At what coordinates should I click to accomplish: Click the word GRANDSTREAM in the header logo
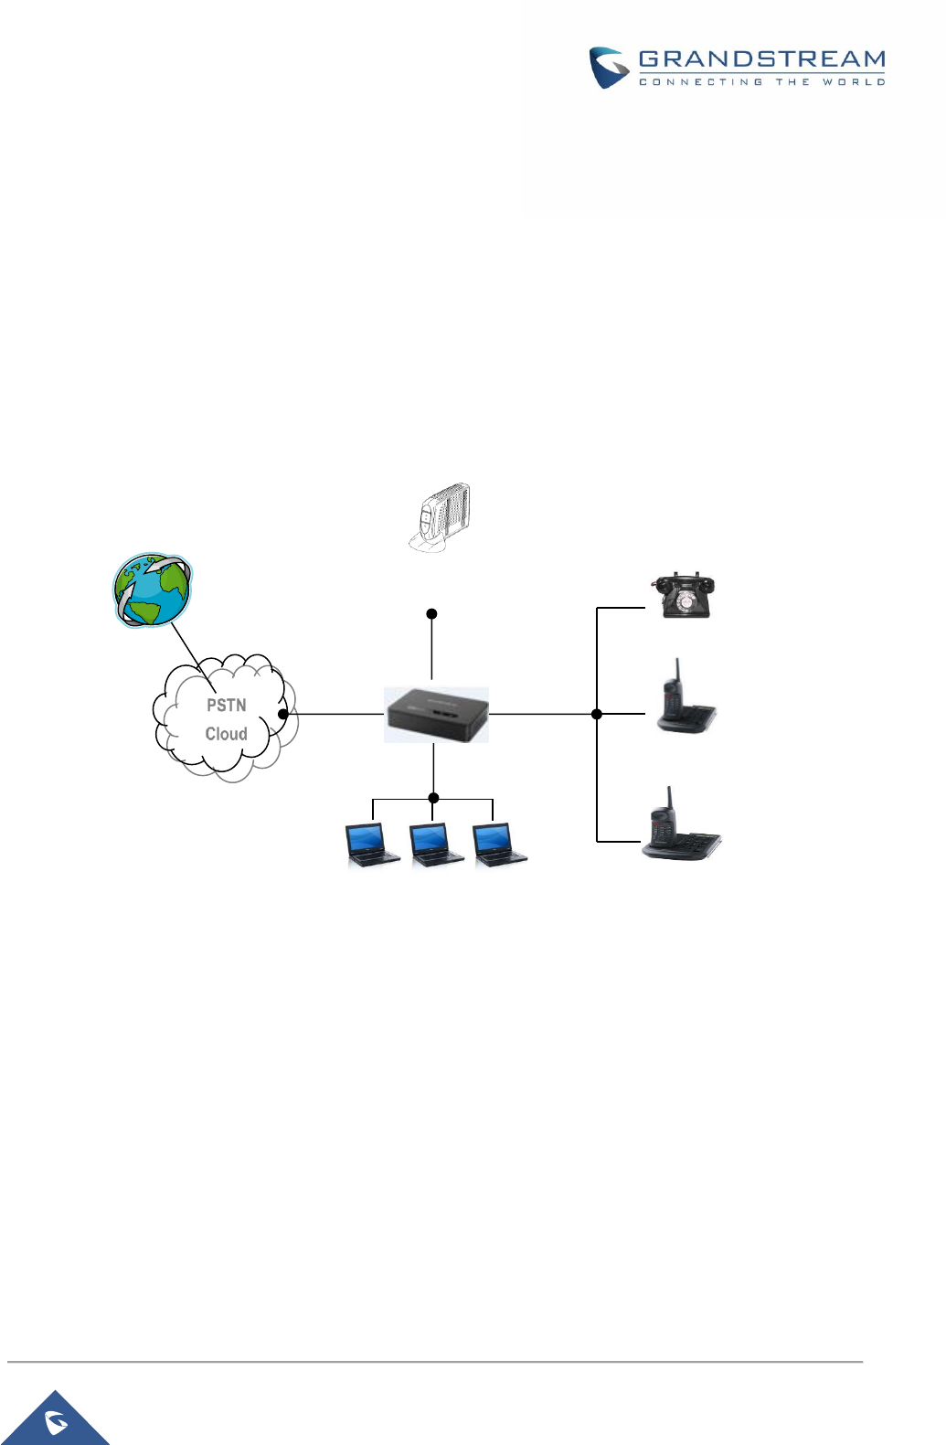tap(761, 59)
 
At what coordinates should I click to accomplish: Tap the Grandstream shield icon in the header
tap(608, 67)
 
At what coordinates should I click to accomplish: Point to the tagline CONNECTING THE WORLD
tap(761, 82)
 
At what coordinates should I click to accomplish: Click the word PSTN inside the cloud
tap(227, 706)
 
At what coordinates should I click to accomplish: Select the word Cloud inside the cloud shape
tap(226, 734)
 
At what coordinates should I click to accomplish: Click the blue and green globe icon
tap(152, 590)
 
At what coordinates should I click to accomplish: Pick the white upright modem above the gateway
tap(440, 517)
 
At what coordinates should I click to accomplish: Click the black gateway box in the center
tap(436, 715)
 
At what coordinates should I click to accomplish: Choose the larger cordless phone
tap(681, 828)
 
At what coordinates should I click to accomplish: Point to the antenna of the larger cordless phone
tap(670, 798)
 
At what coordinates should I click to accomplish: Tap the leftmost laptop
tap(372, 845)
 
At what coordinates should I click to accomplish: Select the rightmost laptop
tap(499, 845)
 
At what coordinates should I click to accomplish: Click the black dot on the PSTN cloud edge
tap(283, 714)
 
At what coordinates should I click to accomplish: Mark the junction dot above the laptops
tap(433, 798)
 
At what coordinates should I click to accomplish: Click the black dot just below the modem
tap(431, 614)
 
